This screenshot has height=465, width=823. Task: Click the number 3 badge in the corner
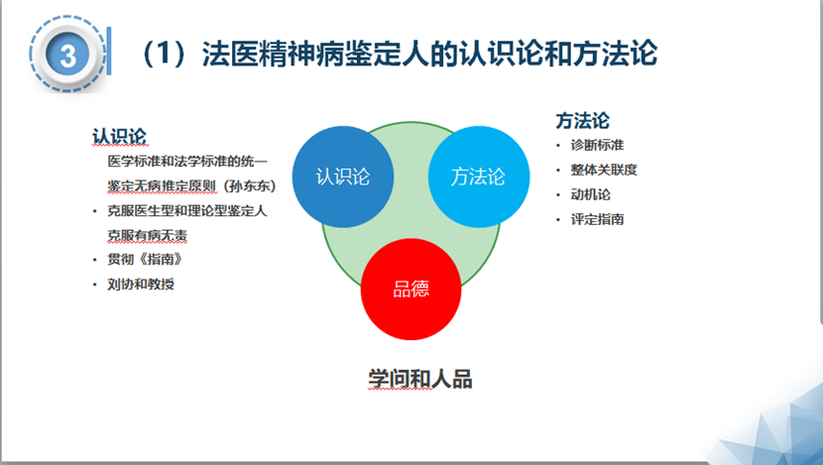(68, 55)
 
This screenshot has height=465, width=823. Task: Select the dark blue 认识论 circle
(342, 176)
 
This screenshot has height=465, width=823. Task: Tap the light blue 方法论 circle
(478, 176)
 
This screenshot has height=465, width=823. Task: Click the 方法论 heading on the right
(582, 121)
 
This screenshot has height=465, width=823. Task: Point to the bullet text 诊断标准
(597, 145)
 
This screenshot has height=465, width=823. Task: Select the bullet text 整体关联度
(603, 170)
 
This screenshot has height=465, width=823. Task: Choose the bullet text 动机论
(590, 194)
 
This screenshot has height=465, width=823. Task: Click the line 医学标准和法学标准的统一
(187, 161)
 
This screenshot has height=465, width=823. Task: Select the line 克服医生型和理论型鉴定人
(187, 210)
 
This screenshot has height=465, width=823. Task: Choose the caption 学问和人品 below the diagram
(413, 379)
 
